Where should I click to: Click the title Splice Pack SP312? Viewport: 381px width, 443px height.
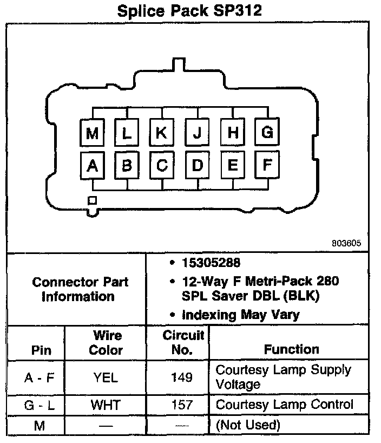point(190,11)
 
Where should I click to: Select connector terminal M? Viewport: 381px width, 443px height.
point(93,133)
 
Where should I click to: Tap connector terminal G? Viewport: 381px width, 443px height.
point(267,133)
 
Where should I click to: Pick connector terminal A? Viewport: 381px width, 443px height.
point(93,166)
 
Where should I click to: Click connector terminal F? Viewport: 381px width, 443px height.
point(267,165)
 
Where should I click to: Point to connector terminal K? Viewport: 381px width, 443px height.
point(161,133)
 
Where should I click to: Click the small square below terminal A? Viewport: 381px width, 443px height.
point(93,200)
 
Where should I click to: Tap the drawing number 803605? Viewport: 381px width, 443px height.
point(346,243)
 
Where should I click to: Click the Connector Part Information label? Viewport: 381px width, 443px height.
point(80,289)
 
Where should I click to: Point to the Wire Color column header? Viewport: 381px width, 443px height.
point(106,343)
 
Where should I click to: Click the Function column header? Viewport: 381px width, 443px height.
point(291,349)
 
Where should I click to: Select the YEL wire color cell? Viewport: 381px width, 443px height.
point(106,377)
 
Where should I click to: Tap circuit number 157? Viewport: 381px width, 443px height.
point(182,405)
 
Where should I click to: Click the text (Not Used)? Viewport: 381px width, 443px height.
point(248,425)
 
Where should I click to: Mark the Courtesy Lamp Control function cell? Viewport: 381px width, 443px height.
point(284,405)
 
